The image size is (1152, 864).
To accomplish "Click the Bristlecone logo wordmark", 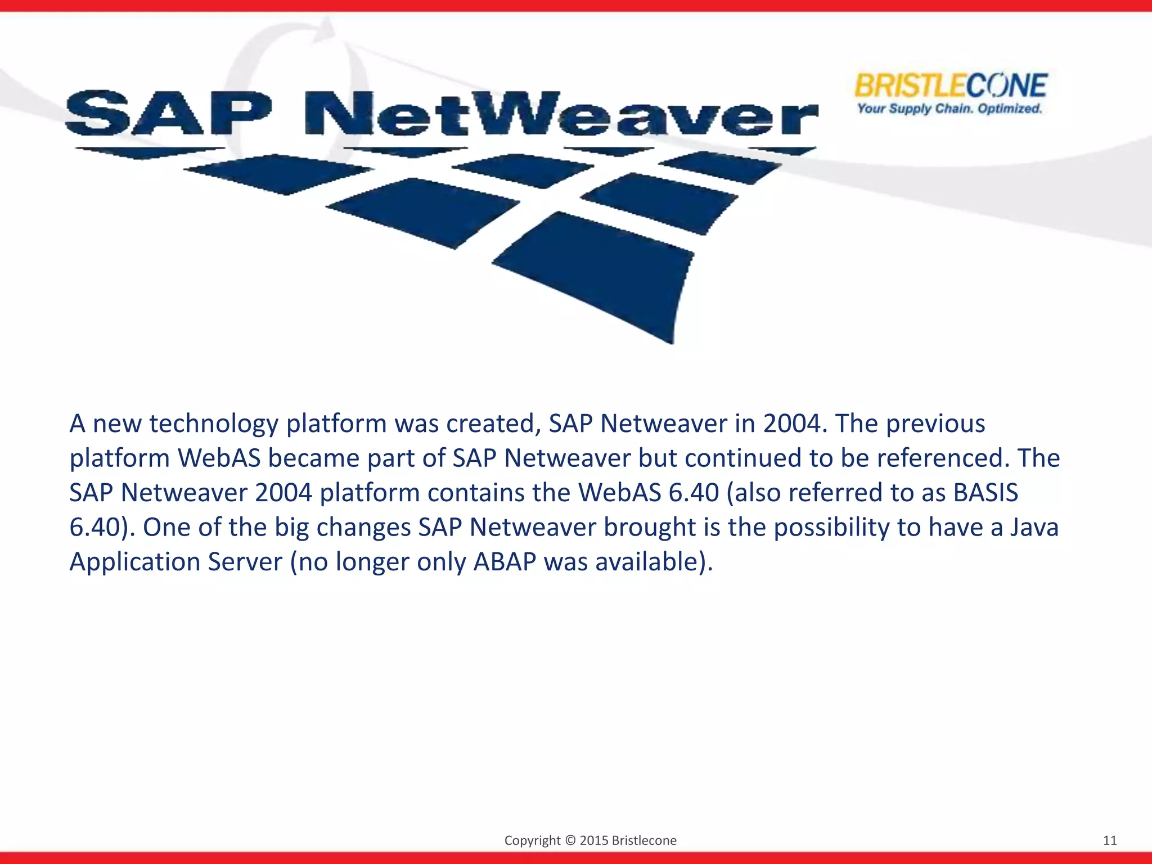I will tap(950, 86).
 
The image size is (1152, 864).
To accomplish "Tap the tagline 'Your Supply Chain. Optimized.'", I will tap(949, 109).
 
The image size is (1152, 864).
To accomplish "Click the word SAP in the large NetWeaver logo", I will tap(168, 113).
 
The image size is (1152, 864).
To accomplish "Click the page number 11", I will tap(1109, 840).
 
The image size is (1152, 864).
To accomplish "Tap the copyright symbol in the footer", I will tap(570, 840).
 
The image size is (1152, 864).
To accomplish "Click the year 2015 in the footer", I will tap(593, 840).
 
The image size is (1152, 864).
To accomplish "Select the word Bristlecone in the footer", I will tap(643, 840).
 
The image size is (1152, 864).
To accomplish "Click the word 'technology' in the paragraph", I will tap(214, 424).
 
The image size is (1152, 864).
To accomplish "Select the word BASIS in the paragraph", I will tap(985, 493).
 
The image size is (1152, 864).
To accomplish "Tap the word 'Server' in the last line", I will tap(245, 562).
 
